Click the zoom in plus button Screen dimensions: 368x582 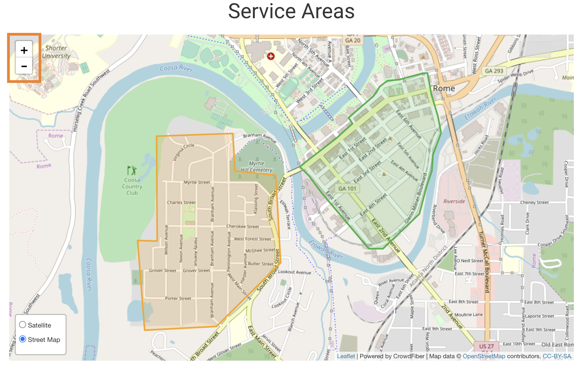(x=24, y=50)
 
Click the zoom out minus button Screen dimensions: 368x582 (x=24, y=66)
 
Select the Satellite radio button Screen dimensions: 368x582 (x=23, y=325)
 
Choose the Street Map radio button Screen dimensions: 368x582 (x=23, y=339)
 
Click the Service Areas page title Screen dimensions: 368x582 (x=291, y=11)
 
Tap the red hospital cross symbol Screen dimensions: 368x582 (x=271, y=56)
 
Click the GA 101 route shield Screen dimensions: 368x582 (x=347, y=188)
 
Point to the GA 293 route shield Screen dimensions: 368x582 (x=494, y=71)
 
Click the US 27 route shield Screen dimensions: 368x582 (x=486, y=346)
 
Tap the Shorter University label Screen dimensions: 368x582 (x=56, y=52)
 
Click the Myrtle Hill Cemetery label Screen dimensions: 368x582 (x=256, y=167)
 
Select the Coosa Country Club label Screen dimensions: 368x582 (x=132, y=186)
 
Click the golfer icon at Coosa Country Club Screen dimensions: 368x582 (x=132, y=171)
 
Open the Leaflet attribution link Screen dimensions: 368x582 (x=346, y=356)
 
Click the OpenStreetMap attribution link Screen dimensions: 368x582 (x=484, y=356)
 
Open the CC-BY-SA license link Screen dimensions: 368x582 (x=557, y=356)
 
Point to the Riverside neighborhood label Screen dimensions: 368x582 (x=454, y=201)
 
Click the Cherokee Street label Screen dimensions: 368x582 (x=243, y=226)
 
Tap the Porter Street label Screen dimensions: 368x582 (x=178, y=298)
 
